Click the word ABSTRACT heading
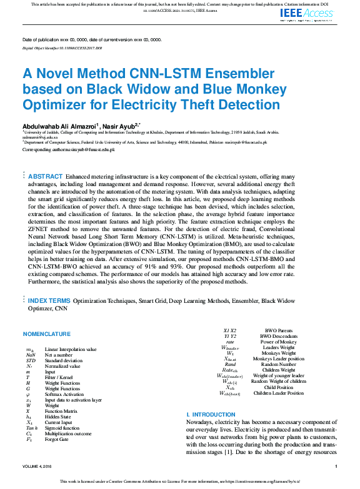pos(46,177)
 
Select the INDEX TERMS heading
pos(49,301)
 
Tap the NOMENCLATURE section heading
pos(47,334)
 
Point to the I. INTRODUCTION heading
pos(211,415)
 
